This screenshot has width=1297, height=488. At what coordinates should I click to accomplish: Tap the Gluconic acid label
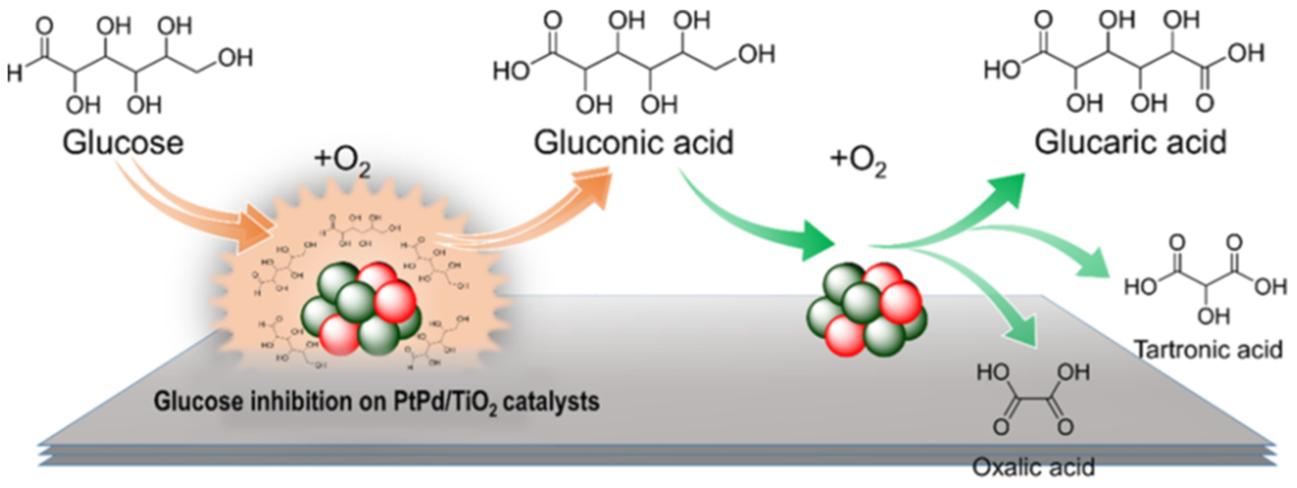(633, 143)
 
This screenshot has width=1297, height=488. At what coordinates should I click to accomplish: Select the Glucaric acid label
(1130, 143)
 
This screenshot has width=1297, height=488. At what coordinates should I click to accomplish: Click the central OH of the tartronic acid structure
(1214, 316)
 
